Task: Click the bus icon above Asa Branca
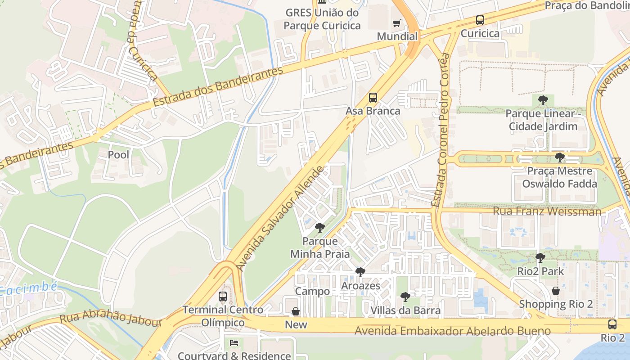point(373,98)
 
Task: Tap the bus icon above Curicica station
point(480,20)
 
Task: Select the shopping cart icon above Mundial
point(396,23)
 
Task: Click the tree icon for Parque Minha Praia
point(320,228)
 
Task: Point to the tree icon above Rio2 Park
point(540,258)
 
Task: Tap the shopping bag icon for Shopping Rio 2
point(556,291)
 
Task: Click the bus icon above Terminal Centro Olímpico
point(223,297)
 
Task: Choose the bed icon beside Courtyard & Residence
point(234,343)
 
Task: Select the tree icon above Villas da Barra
point(405,297)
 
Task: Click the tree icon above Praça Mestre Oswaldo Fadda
point(559,157)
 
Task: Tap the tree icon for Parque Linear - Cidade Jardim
point(543,100)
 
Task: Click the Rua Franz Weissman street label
point(547,211)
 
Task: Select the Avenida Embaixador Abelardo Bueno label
point(452,331)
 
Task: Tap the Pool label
point(118,155)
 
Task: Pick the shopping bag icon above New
point(296,311)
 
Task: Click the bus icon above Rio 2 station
point(612,324)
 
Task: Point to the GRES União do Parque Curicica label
point(322,19)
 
